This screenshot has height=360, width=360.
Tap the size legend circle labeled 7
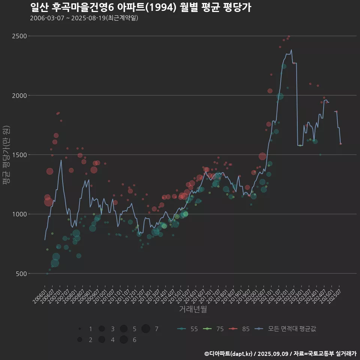pos(146,329)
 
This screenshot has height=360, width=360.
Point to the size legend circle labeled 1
pos(80,329)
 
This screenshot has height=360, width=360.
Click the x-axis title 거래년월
pos(193,309)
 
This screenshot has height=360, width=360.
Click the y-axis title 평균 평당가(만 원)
pos(6,154)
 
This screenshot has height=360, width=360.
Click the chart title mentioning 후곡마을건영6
pos(140,7)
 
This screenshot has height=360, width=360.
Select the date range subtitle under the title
pos(84,18)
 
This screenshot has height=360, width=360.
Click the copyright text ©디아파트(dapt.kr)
pos(229,353)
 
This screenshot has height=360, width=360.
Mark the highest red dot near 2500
pos(288,36)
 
